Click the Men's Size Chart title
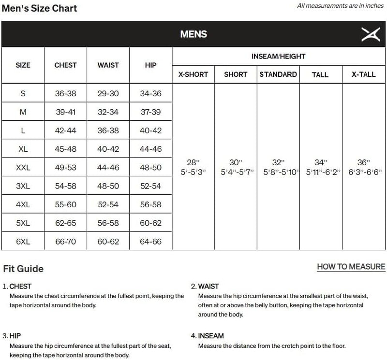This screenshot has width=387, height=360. tap(39, 8)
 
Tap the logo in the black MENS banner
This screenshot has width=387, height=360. tap(371, 34)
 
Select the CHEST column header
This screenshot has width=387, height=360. tap(65, 65)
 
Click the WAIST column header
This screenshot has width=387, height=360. tap(108, 65)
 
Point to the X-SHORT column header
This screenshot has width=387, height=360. tap(193, 74)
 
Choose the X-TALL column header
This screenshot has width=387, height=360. tap(363, 74)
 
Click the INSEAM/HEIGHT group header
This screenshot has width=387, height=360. tap(278, 57)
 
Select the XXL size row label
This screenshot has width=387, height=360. tap(23, 167)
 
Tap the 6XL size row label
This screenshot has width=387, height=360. tap(23, 241)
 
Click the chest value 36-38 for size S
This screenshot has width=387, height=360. tap(65, 93)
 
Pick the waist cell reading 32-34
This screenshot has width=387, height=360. tap(108, 112)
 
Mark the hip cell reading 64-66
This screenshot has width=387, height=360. tap(150, 241)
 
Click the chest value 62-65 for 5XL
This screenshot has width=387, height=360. tap(65, 223)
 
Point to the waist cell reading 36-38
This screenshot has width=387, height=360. tap(108, 130)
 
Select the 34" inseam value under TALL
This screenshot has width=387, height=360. tap(320, 162)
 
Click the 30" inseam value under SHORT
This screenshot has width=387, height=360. tap(235, 162)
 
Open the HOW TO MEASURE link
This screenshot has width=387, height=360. tap(351, 266)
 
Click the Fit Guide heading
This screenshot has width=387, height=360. tap(23, 269)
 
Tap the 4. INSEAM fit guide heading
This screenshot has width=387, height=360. tap(208, 335)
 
